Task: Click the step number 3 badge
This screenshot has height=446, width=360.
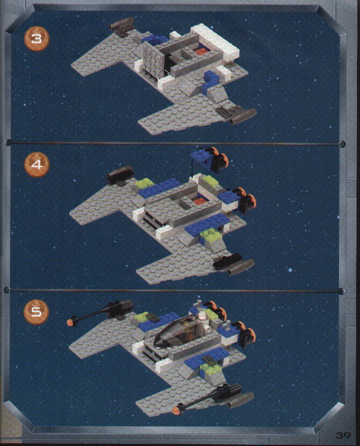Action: coord(36,38)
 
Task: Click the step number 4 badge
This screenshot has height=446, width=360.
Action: coord(37,165)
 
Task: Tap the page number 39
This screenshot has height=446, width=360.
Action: coord(343,436)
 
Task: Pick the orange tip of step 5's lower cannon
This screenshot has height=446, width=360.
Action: coord(177,409)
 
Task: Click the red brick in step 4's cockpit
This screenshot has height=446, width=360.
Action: coord(197,202)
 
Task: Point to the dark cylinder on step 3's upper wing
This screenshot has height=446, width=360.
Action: coord(122,23)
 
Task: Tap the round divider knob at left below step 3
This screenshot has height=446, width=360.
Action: coord(8,142)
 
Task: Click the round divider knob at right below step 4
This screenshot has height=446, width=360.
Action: coord(343,291)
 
